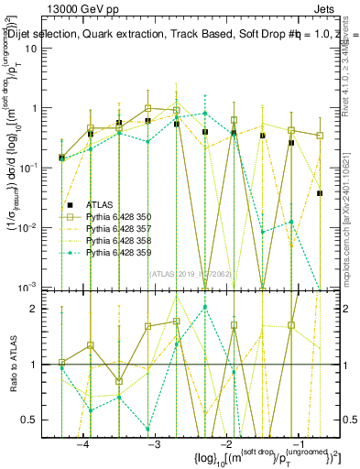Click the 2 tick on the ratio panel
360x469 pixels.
40,310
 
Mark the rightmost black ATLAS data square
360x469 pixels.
320,193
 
